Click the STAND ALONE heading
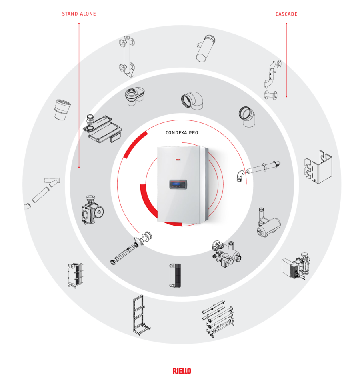coord(79,14)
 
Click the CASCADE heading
coord(286,14)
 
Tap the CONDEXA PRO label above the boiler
coord(182,133)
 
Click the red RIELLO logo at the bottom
coord(182,371)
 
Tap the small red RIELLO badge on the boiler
coord(178,160)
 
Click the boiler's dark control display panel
coord(178,184)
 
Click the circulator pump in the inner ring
coord(92,210)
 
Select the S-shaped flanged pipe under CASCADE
coord(272,80)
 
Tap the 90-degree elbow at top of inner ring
coord(192,100)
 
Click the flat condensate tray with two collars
coord(102,128)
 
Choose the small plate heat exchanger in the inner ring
coord(175,275)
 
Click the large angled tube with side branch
coord(206,48)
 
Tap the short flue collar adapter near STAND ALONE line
coord(62,110)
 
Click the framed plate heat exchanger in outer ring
coord(76,275)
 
